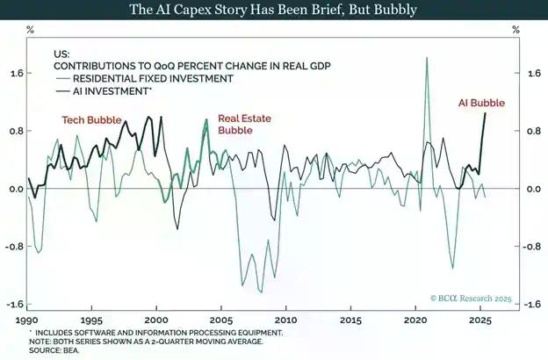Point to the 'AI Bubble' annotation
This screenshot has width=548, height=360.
(x=481, y=103)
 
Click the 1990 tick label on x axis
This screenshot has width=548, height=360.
(x=27, y=321)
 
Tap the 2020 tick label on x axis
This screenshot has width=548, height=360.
(x=415, y=321)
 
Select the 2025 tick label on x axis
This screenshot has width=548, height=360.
(x=479, y=321)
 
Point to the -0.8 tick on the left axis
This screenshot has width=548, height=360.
(x=15, y=247)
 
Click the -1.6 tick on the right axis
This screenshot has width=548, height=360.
(x=530, y=305)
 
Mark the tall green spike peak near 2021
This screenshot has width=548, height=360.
(x=427, y=58)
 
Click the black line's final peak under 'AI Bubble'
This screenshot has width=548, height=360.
(x=486, y=113)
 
